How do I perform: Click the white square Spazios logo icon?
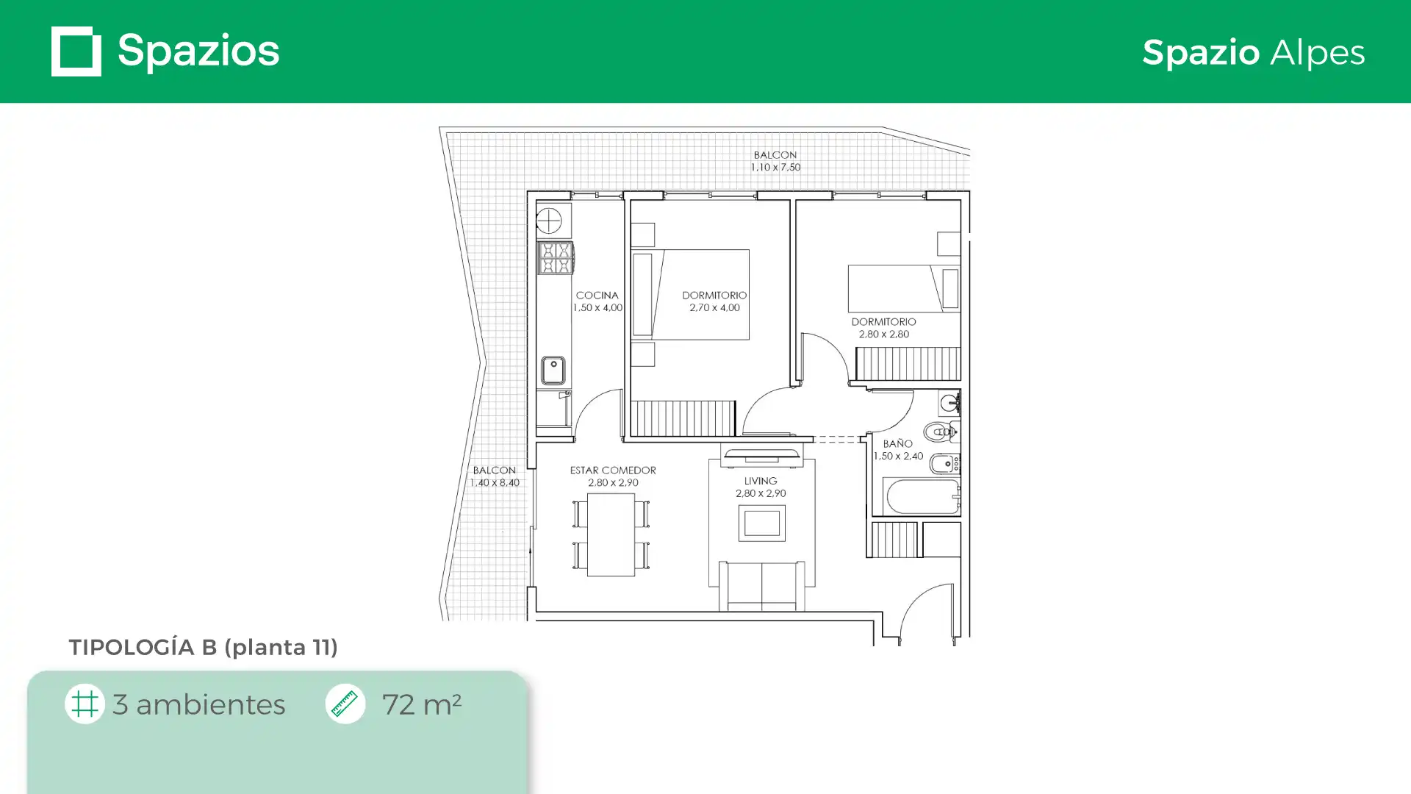coord(76,51)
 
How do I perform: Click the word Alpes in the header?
coord(1317,53)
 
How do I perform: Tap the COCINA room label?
coord(597,296)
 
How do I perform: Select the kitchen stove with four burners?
coord(555,258)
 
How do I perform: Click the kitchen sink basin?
coord(553,371)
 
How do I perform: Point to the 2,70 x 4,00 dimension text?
coord(714,308)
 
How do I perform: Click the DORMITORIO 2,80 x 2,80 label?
coord(883,328)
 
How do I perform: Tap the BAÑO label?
coord(898,444)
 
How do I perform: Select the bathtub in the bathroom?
coord(922,496)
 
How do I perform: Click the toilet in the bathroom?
coord(941,432)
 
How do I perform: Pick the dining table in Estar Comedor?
coord(611,534)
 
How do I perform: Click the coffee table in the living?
coord(761,523)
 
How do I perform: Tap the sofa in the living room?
coord(761,586)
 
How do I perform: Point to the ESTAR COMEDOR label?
coord(613,471)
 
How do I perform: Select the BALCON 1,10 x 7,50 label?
coord(775,161)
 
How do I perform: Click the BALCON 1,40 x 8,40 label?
coord(495,476)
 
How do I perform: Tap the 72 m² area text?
coord(421,704)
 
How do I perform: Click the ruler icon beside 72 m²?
coord(345,704)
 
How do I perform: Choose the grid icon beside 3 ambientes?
coord(85,704)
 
